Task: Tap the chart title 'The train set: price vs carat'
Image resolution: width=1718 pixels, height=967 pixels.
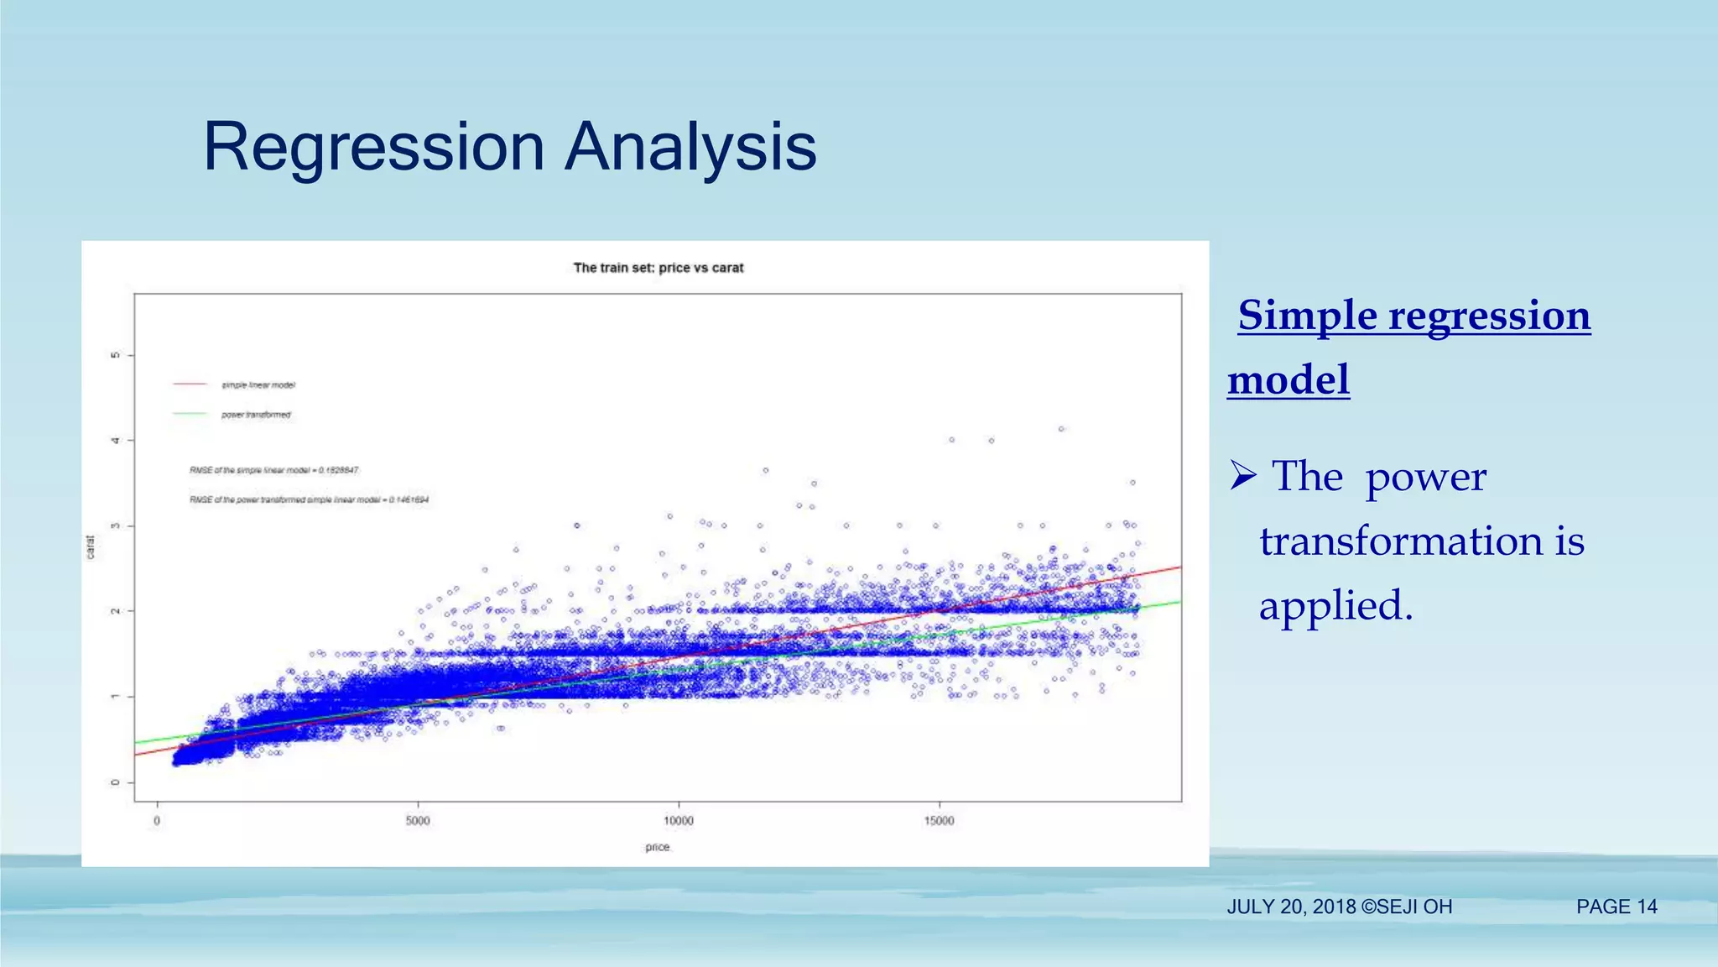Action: point(659,268)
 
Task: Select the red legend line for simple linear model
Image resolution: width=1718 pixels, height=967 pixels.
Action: point(190,384)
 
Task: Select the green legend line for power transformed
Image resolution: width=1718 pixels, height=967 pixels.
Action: point(190,414)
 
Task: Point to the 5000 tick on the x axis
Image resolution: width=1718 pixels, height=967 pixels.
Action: point(418,820)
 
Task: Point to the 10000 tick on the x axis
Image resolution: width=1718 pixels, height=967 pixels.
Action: point(679,820)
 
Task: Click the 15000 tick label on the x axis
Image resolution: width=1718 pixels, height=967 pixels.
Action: point(939,820)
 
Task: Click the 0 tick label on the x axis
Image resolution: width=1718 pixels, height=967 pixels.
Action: point(157,820)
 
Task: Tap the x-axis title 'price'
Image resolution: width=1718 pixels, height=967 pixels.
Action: point(658,847)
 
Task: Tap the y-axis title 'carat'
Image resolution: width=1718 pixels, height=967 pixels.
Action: point(91,547)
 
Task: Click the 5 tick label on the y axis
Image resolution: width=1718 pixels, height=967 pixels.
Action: point(115,355)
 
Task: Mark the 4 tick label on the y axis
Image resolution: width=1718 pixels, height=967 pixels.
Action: point(115,441)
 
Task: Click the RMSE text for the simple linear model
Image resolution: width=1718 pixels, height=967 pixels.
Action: point(274,470)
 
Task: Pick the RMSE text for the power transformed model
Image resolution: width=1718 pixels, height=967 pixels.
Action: point(309,499)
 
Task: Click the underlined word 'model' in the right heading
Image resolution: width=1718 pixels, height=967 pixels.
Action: point(1288,379)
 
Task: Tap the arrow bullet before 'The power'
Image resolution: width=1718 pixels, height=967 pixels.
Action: point(1242,476)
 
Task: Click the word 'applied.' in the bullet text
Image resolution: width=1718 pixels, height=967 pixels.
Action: point(1336,604)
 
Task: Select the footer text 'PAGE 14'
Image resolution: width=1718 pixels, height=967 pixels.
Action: point(1616,907)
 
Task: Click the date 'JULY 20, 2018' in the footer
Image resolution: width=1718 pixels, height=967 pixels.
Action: point(1291,907)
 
